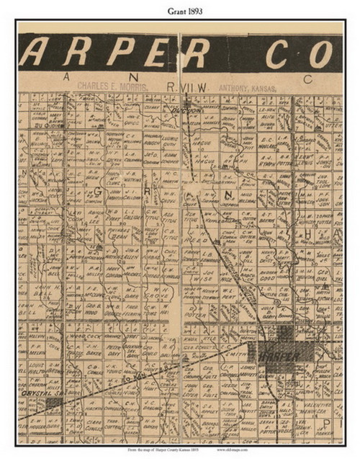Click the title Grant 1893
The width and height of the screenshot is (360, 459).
179,10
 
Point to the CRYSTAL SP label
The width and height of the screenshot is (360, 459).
38,396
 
